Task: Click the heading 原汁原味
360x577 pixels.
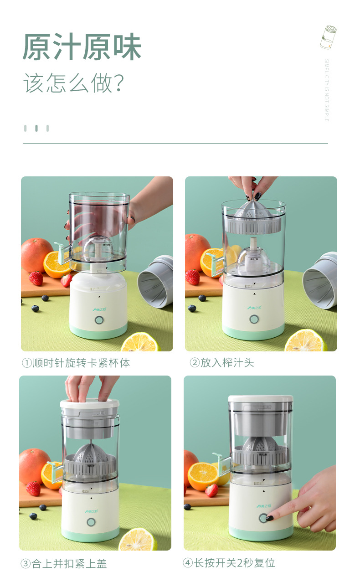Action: [x=82, y=47]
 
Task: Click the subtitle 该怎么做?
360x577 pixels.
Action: [x=74, y=83]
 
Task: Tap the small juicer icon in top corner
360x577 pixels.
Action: [x=328, y=37]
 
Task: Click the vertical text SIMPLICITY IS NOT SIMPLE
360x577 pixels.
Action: [x=326, y=90]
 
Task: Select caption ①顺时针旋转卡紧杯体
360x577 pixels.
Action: [x=76, y=363]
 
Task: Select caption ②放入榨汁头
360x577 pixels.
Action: [x=221, y=363]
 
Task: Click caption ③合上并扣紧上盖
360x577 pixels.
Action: [x=64, y=564]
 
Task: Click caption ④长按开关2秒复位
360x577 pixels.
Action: [x=229, y=563]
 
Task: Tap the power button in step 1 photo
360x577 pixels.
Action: [x=98, y=320]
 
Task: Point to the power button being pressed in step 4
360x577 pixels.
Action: [x=263, y=518]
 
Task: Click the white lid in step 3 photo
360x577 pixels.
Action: [x=89, y=403]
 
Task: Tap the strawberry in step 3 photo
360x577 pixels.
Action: [x=33, y=488]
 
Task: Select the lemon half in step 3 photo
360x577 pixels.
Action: [x=138, y=539]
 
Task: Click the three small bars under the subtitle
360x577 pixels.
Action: [x=36, y=129]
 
